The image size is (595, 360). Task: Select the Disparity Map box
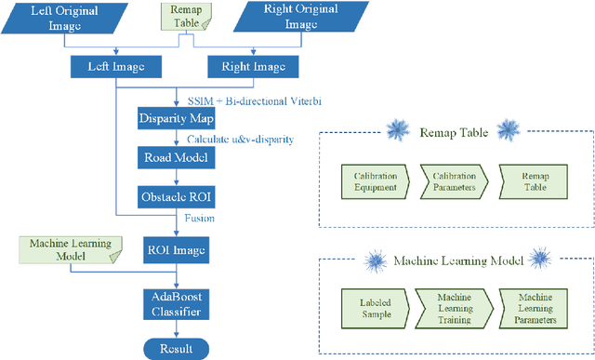point(177,119)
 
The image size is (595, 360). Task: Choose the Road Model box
point(177,158)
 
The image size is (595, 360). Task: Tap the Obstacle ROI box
point(177,197)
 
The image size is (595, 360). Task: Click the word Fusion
point(199,220)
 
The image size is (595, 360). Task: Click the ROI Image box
point(177,248)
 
